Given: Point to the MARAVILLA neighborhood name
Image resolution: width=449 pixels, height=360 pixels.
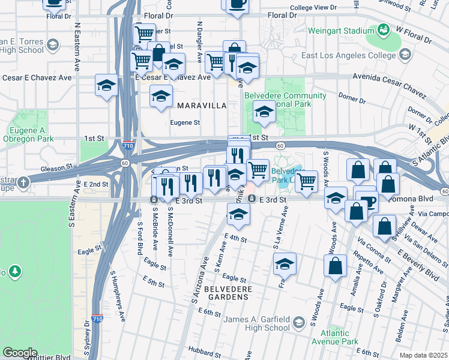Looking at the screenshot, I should (202, 106).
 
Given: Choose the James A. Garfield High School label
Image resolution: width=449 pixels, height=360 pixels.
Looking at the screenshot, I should (256, 324).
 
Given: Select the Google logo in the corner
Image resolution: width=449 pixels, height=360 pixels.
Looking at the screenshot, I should (20, 353).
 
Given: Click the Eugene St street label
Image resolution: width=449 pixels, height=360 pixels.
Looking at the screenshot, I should (185, 122).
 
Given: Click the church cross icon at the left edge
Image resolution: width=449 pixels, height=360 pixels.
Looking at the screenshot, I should (23, 182).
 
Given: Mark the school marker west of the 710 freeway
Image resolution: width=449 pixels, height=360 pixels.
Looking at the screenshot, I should (106, 85).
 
